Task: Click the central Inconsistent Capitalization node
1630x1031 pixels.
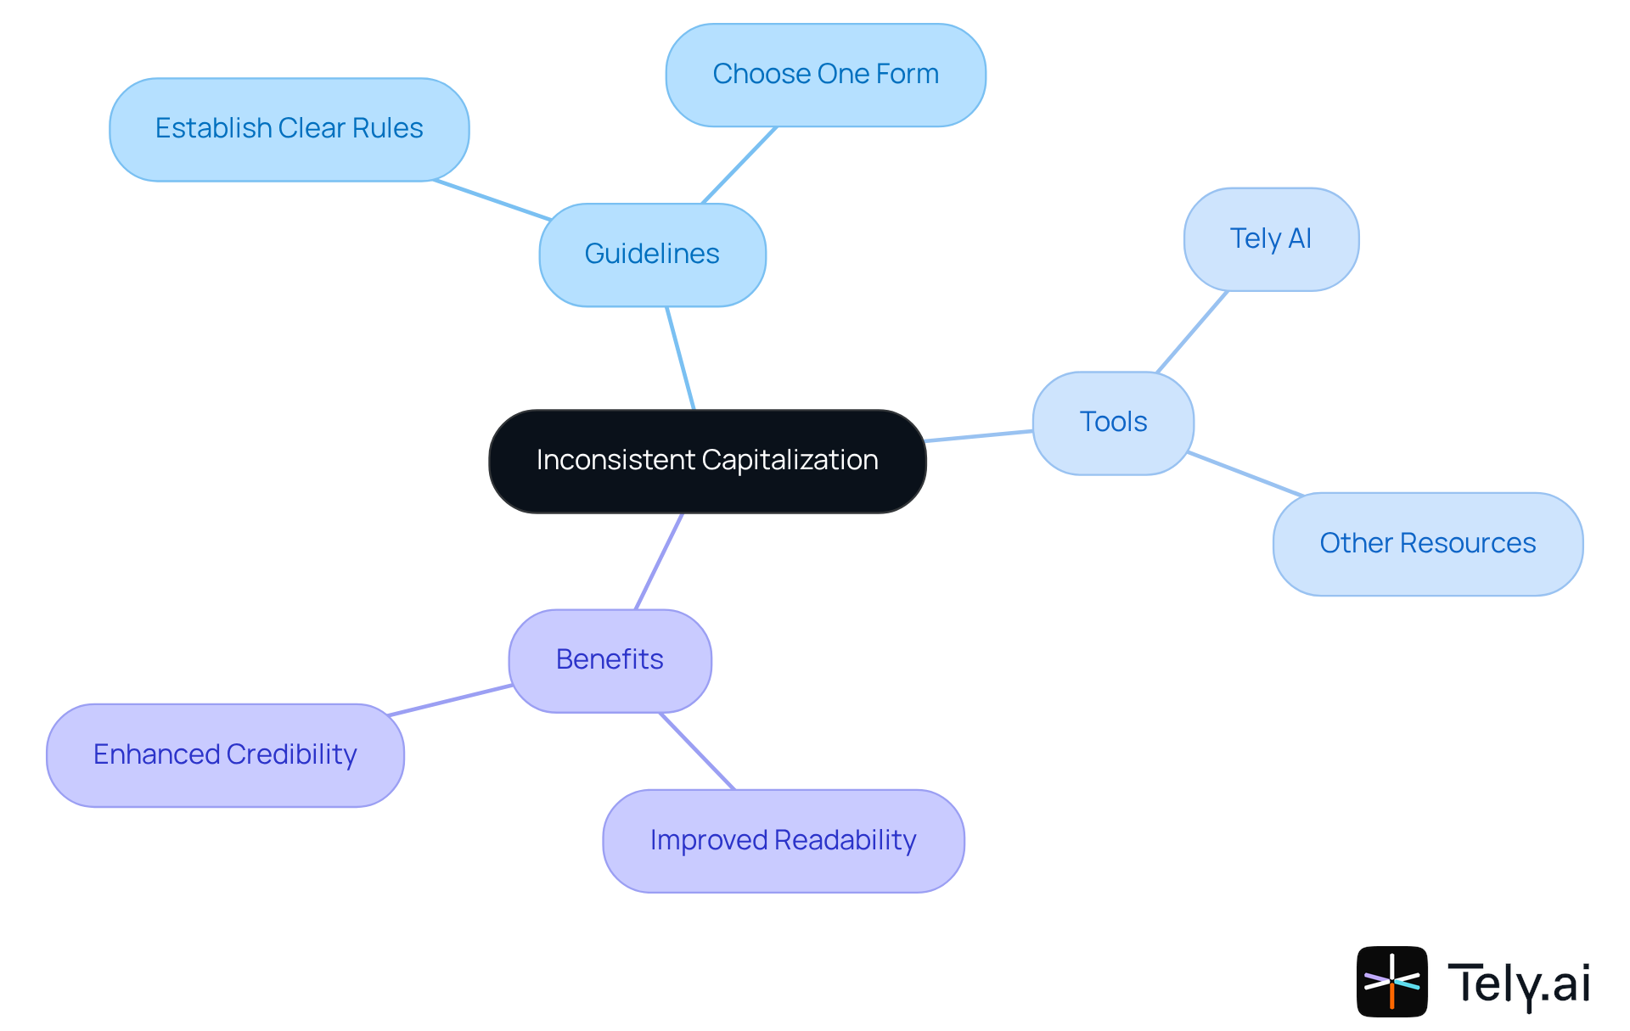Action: (x=707, y=461)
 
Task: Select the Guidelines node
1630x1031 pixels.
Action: (x=652, y=255)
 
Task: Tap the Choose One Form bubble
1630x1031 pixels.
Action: (x=825, y=75)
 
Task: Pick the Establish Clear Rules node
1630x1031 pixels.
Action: (x=289, y=129)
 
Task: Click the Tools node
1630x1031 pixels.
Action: (x=1113, y=423)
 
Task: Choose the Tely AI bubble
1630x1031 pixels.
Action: (x=1271, y=239)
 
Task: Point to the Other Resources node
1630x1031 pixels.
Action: (x=1427, y=544)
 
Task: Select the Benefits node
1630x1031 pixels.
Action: (x=610, y=660)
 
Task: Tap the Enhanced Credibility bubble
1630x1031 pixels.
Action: (x=225, y=754)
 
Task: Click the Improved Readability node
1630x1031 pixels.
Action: (x=783, y=840)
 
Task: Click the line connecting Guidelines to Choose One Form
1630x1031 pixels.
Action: (x=739, y=165)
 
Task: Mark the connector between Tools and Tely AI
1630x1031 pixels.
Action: (x=1193, y=331)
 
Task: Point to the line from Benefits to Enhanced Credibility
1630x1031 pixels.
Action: (x=450, y=700)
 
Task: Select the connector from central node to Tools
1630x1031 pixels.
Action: (x=979, y=436)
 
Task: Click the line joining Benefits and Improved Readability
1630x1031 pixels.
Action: (x=697, y=751)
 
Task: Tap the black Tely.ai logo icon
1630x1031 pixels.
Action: (x=1391, y=981)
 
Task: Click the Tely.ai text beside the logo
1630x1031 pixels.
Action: (x=1519, y=983)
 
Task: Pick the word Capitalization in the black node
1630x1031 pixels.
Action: (x=790, y=460)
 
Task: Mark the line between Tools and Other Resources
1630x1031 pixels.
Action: (x=1245, y=473)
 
